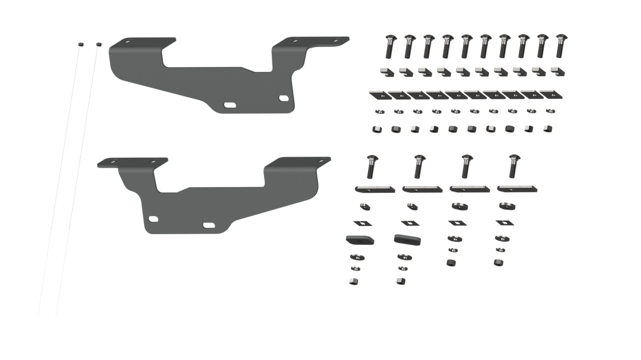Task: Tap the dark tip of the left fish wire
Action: point(81,43)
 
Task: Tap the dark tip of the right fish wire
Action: point(98,43)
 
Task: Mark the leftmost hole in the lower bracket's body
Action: point(152,219)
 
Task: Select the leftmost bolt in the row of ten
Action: point(387,46)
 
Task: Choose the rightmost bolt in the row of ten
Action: point(559,46)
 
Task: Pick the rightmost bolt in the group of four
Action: point(513,165)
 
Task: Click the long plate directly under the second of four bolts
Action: point(419,188)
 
